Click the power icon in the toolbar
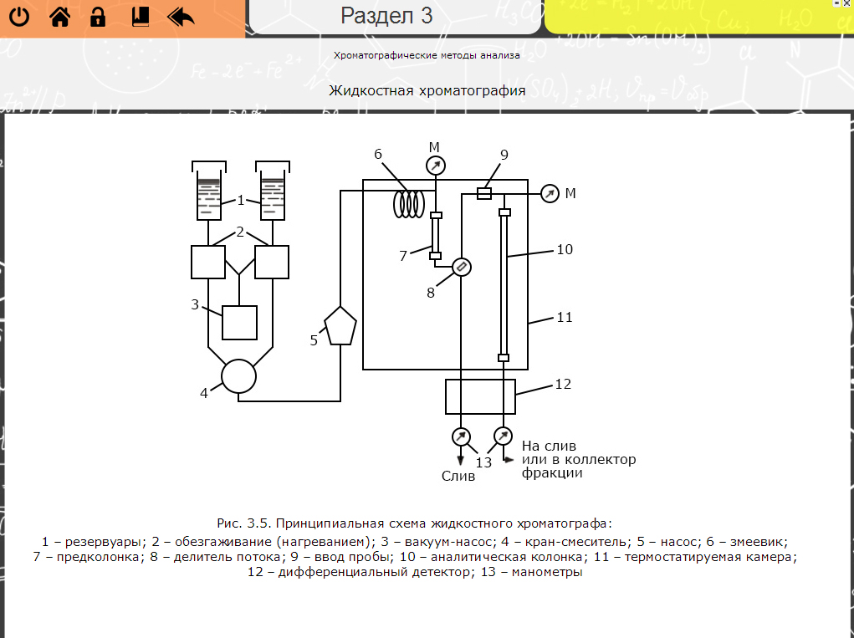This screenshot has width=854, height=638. [x=19, y=17]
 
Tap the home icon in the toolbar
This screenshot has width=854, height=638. [x=59, y=17]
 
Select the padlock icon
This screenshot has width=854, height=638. [x=98, y=17]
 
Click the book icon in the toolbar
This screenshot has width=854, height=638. [x=140, y=17]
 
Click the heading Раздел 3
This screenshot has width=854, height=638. [x=386, y=15]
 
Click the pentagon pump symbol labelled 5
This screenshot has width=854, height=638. [x=340, y=325]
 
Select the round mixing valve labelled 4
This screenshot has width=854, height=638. [x=238, y=376]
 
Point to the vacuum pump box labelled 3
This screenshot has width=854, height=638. [x=239, y=322]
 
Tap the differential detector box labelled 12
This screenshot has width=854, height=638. [x=480, y=396]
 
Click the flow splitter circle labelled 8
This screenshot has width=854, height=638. [x=461, y=267]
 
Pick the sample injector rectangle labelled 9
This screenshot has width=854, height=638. [x=483, y=193]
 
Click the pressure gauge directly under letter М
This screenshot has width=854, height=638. [x=435, y=166]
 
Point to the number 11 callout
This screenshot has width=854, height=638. [x=565, y=318]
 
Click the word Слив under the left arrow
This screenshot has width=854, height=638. [x=458, y=476]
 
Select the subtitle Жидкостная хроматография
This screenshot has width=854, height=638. [x=427, y=90]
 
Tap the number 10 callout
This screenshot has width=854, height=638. [x=565, y=249]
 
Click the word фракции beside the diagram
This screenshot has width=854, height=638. [x=552, y=472]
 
